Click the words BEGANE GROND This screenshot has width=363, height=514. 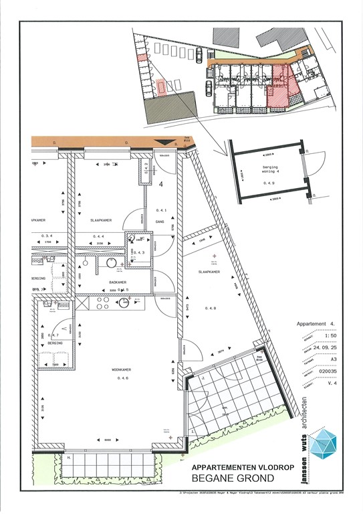(232, 478)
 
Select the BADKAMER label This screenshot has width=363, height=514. (118, 282)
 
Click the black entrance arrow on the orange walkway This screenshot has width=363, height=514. (162, 142)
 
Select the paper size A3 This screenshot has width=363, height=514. (324, 357)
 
